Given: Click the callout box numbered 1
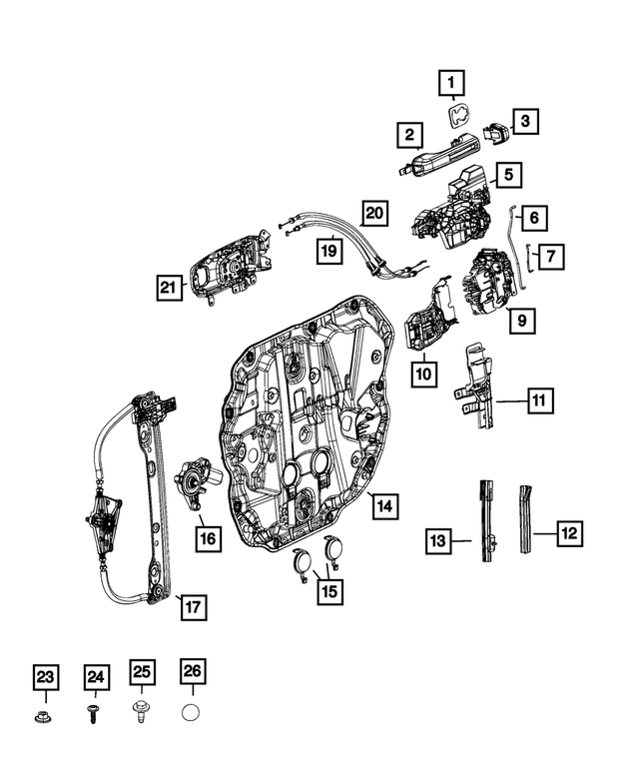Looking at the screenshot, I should point(451,82).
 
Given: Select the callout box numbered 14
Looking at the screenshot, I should point(384,506).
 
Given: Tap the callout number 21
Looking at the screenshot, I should point(171,288).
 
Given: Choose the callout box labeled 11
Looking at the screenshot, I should point(537,401).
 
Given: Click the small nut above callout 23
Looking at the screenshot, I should point(45,717).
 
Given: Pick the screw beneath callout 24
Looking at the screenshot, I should point(94,716).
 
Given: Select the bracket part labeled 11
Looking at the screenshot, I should point(476,389).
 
